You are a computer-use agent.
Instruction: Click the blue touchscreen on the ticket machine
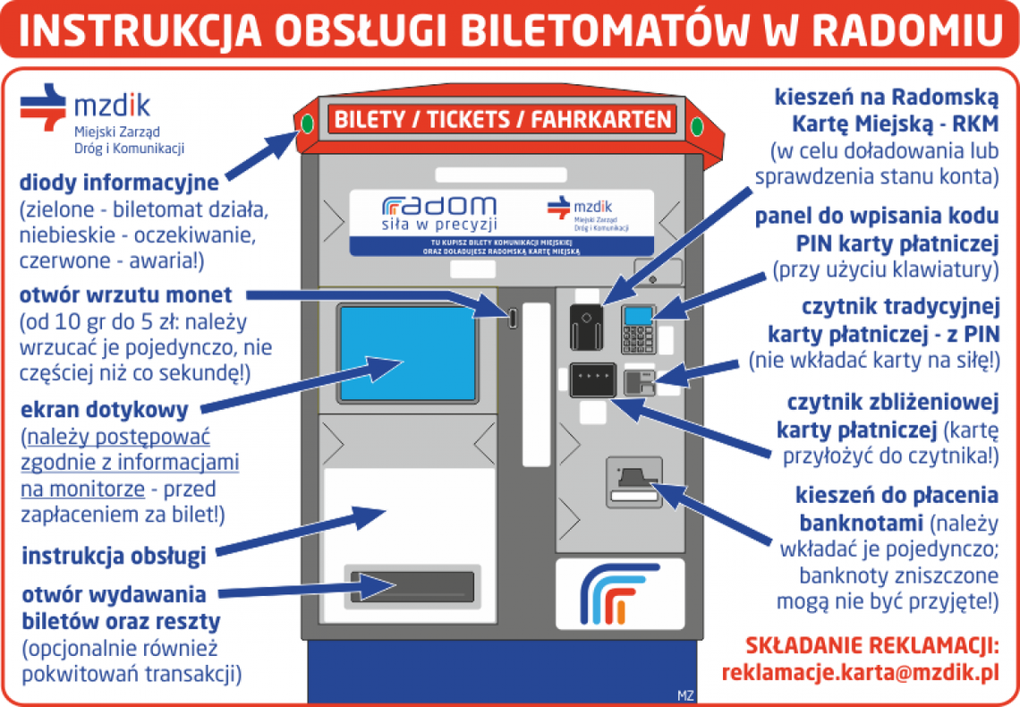point(406,353)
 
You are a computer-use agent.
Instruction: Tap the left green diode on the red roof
point(307,123)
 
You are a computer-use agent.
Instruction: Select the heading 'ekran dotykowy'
point(105,410)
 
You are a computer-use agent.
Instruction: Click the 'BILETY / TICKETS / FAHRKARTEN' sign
point(502,119)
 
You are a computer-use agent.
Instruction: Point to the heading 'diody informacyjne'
point(119,183)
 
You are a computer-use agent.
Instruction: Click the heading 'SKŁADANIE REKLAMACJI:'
point(871,645)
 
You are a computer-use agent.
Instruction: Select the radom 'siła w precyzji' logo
point(438,212)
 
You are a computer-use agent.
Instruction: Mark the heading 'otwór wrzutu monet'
point(125,294)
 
